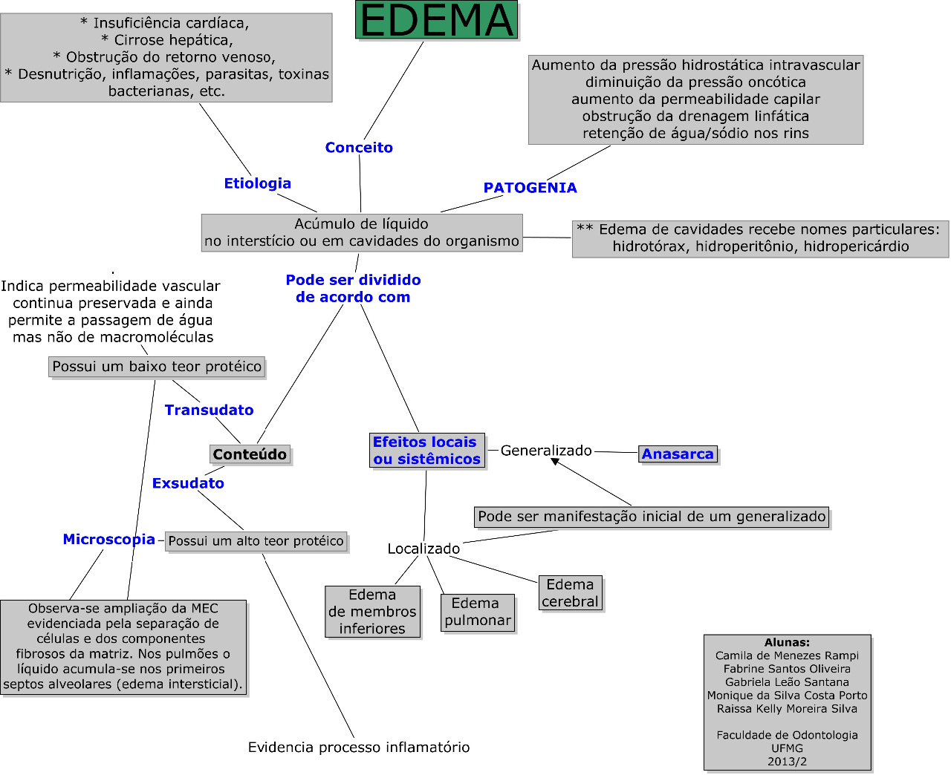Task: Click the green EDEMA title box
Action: coord(436,20)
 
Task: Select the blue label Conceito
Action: coord(359,147)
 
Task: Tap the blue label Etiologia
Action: coord(258,183)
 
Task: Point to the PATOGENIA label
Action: coord(530,188)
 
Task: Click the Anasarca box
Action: coord(678,454)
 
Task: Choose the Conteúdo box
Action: coord(250,454)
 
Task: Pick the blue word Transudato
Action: coord(210,410)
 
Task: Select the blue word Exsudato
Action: coord(188,483)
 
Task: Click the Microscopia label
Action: coord(108,540)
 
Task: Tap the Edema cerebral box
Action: coord(571,593)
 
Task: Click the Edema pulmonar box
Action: coord(478,612)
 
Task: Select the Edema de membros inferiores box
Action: coord(372,612)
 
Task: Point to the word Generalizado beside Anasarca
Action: coord(546,451)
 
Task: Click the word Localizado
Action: coord(424,549)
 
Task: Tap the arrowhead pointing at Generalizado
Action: coord(555,461)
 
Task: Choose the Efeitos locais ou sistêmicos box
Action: coord(427,450)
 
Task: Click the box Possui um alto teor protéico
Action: coord(256,541)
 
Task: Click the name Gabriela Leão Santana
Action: coord(787,682)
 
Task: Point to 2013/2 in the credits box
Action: coord(788,762)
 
